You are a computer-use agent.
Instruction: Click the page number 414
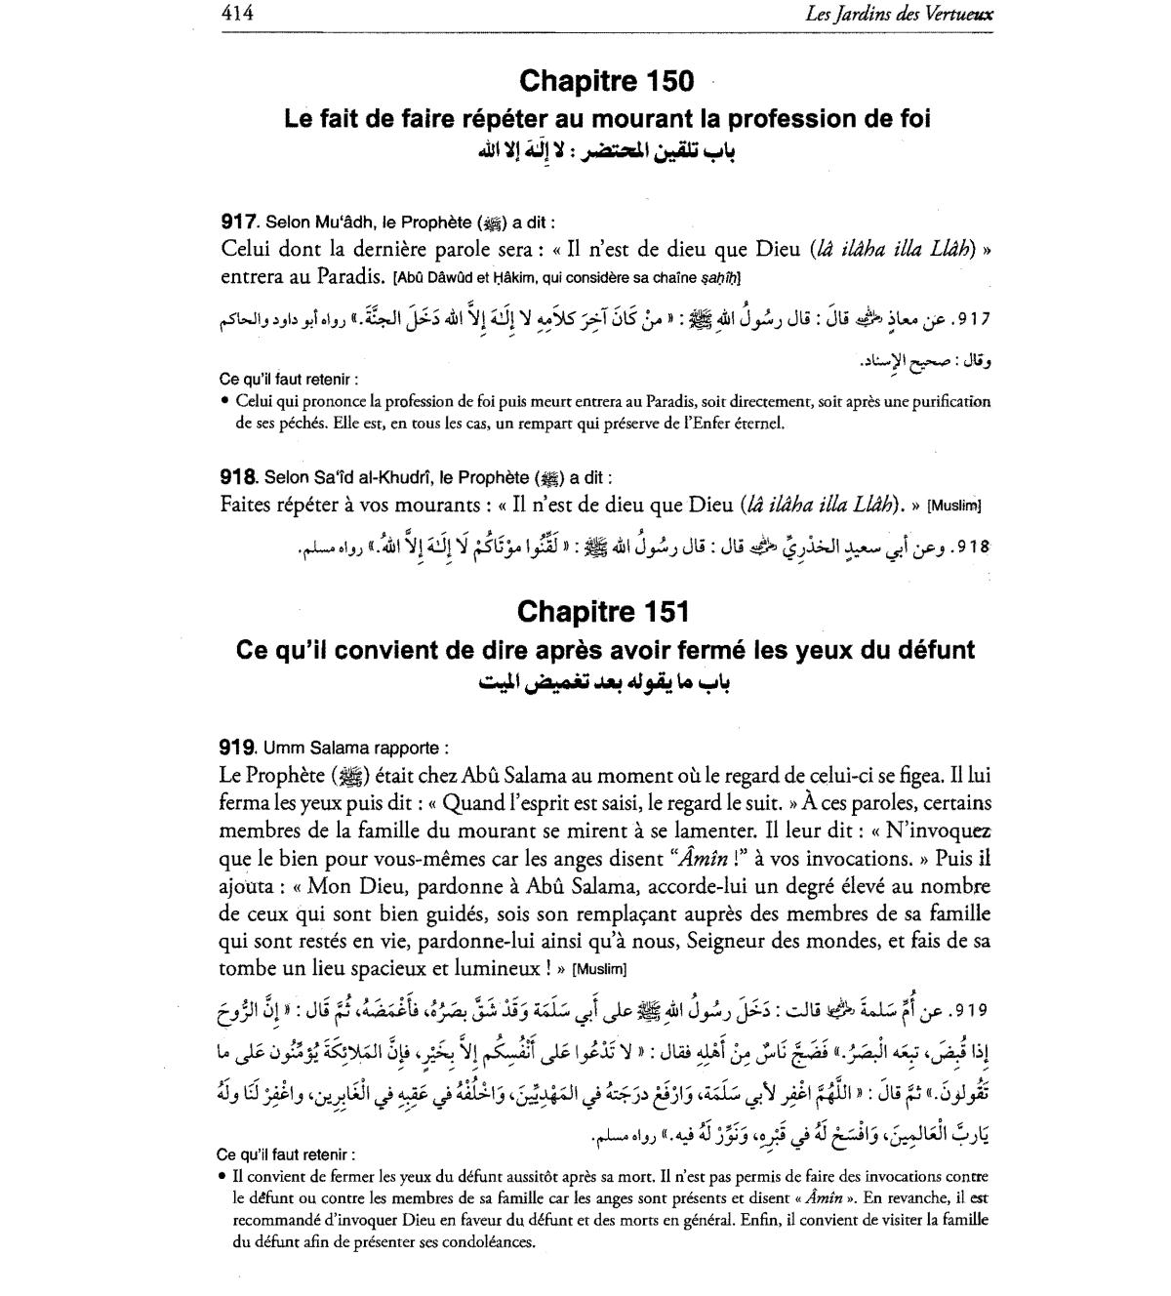[237, 14]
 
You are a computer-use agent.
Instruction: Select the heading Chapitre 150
[606, 80]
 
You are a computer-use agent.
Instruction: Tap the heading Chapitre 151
[603, 612]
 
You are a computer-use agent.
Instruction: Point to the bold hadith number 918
[238, 478]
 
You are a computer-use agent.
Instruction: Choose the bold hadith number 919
[238, 749]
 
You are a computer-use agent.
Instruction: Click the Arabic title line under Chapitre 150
[606, 151]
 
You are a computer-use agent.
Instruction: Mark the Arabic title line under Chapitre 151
[606, 682]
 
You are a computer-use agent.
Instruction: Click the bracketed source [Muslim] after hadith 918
[953, 506]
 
